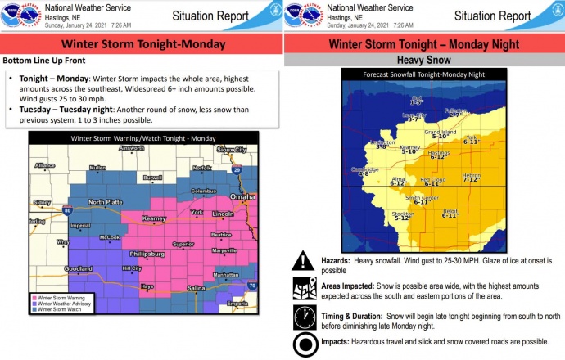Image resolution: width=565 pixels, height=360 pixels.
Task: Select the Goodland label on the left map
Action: (x=79, y=268)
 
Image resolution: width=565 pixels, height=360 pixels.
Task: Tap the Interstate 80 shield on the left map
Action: (x=66, y=212)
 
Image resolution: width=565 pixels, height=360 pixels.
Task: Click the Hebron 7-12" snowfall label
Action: (x=471, y=176)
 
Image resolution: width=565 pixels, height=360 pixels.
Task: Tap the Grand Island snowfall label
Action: (x=439, y=133)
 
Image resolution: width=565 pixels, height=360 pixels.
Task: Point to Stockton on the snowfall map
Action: (x=402, y=215)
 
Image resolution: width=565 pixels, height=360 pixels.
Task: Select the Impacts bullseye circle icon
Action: (x=305, y=344)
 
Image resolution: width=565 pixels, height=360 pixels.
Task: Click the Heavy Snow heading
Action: (x=423, y=61)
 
